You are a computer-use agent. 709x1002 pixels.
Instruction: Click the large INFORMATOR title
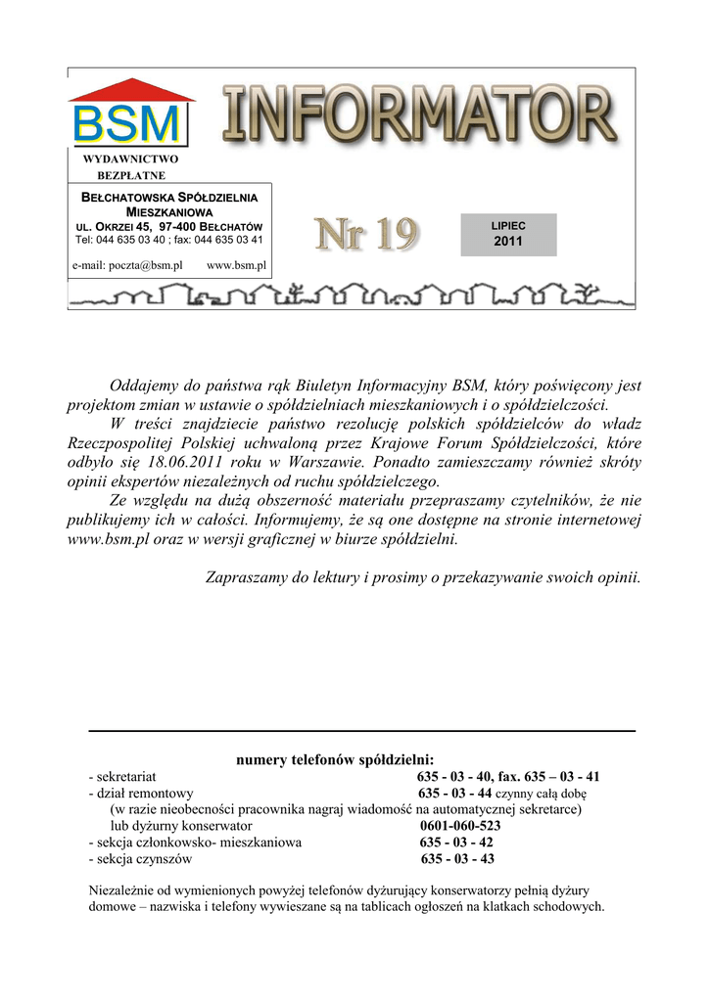point(420,116)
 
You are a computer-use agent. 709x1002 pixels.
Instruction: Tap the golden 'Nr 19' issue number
point(365,235)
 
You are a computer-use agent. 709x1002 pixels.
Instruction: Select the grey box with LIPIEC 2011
point(508,234)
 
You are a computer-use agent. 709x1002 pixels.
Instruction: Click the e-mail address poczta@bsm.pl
point(128,265)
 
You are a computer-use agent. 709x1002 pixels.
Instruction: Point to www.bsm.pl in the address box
point(237,265)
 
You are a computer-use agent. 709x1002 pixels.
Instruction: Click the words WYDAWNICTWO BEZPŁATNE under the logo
point(130,166)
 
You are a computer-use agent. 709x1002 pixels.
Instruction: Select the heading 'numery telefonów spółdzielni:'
point(336,760)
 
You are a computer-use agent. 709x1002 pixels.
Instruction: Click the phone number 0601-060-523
point(460,825)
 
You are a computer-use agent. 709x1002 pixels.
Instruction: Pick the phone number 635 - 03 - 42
point(457,842)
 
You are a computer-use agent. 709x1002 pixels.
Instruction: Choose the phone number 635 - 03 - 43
point(457,859)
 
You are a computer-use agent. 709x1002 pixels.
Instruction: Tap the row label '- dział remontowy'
point(141,793)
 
